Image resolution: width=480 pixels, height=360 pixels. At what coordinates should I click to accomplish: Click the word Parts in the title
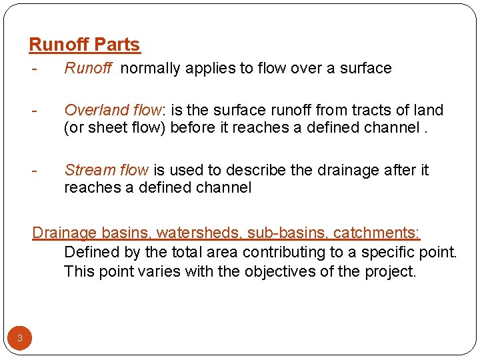coord(117,45)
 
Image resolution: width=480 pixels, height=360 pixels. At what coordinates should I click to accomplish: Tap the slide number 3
coord(20,338)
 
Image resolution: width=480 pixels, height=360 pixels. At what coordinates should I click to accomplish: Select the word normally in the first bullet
coord(151,68)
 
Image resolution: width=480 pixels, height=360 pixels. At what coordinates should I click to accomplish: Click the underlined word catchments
coord(377,233)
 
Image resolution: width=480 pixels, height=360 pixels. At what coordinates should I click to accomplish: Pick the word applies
coord(203,68)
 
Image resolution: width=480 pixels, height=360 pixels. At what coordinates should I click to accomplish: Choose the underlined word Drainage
coord(64,233)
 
